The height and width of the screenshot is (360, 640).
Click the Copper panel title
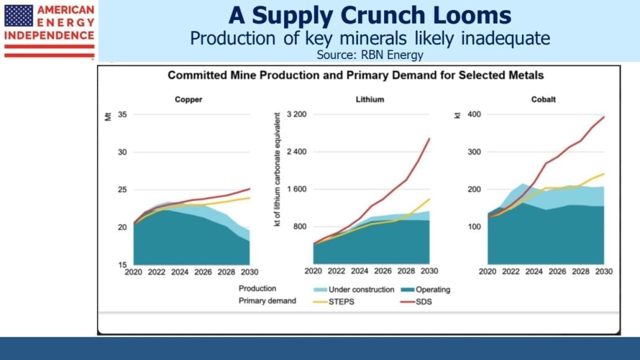[x=188, y=99]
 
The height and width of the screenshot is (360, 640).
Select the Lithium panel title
[x=370, y=99]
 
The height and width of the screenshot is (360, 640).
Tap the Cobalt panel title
[x=543, y=99]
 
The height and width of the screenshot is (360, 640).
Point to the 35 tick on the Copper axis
[x=122, y=114]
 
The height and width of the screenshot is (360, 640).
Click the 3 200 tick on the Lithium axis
[x=297, y=114]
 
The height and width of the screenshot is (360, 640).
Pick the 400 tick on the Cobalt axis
[x=474, y=114]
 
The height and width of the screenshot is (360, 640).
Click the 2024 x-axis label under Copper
[x=180, y=272]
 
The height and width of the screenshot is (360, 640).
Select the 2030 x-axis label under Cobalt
[x=604, y=271]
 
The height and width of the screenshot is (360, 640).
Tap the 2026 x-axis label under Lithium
[x=383, y=271]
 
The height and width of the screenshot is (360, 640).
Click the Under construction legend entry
[x=354, y=290]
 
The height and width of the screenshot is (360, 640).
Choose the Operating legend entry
[x=426, y=290]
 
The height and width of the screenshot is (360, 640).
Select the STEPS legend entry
[x=334, y=302]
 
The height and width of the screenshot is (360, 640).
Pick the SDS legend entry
[x=416, y=302]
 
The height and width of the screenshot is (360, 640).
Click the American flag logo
[x=19, y=16]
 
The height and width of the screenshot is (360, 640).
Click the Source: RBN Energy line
[x=370, y=55]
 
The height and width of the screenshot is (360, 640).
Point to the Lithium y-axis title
[x=277, y=170]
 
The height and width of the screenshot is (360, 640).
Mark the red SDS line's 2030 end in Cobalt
[x=604, y=117]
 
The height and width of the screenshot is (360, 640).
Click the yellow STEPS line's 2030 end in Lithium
[x=429, y=199]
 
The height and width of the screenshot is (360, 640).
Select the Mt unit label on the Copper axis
[x=108, y=117]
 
